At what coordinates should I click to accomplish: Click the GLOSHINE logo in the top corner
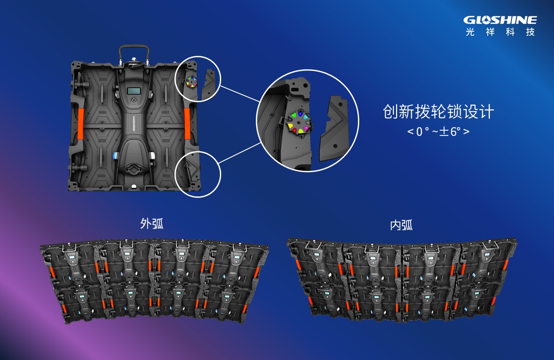coord(500,20)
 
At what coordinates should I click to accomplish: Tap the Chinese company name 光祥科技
coord(500,32)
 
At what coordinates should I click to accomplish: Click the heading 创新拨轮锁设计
coord(438,112)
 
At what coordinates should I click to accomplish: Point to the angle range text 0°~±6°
coord(438,131)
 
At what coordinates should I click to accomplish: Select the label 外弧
coord(151,224)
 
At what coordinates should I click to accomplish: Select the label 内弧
coord(401,225)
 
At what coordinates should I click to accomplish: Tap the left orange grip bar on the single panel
coord(81,124)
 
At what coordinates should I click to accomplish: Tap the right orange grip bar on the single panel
coord(187,124)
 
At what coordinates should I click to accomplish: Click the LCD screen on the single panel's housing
coord(134,91)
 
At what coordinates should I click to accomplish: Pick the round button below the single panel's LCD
coord(134,100)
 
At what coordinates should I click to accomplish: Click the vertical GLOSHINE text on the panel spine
coord(134,123)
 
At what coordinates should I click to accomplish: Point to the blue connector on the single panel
coord(116,156)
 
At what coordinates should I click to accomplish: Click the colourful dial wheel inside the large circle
coord(299,122)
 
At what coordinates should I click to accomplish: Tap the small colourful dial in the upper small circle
coord(192,82)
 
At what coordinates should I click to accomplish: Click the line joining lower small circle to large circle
coord(239,153)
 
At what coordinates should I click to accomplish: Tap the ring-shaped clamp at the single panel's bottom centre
coord(134,170)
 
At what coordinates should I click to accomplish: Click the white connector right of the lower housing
coord(152,156)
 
